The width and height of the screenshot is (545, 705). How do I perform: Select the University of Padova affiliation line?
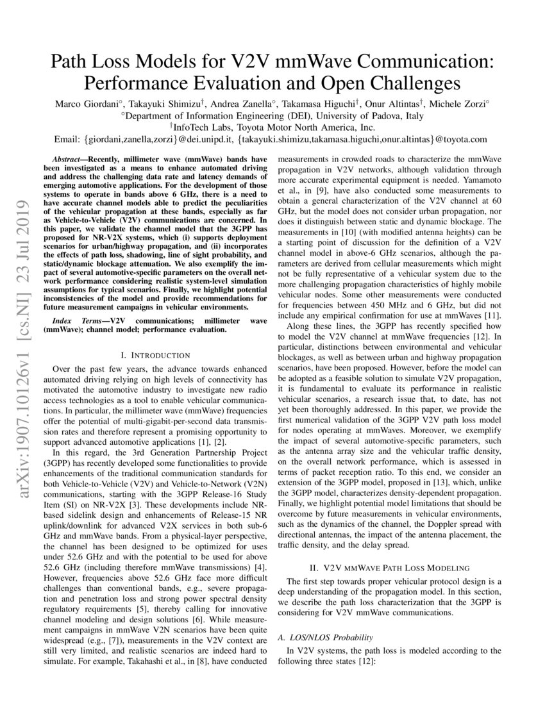pos(272,115)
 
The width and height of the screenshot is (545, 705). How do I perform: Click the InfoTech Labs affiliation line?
pos(272,127)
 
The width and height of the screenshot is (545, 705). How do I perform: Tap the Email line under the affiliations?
pos(272,139)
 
